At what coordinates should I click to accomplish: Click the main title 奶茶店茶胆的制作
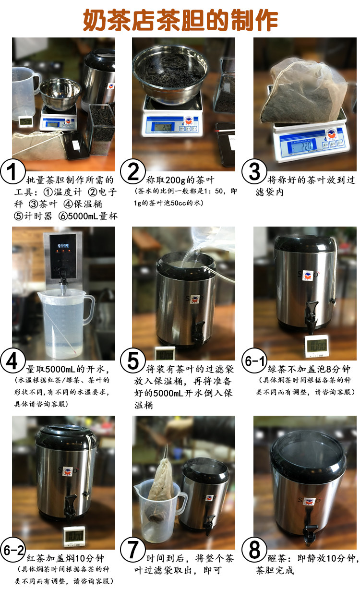pyautogui.click(x=180, y=20)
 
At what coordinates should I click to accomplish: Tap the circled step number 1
pyautogui.click(x=12, y=171)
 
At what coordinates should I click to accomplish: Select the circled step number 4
pyautogui.click(x=12, y=361)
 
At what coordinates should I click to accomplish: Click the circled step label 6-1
pyautogui.click(x=254, y=361)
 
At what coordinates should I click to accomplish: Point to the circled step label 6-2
pyautogui.click(x=12, y=550)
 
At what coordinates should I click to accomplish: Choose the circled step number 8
pyautogui.click(x=254, y=550)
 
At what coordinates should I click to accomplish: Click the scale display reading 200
pyautogui.click(x=163, y=127)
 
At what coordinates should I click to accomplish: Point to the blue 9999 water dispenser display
pyautogui.click(x=63, y=246)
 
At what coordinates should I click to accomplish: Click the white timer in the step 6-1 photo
pyautogui.click(x=317, y=346)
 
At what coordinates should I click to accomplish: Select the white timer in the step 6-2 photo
pyautogui.click(x=74, y=536)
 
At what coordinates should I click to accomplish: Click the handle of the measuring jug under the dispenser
pyautogui.click(x=89, y=310)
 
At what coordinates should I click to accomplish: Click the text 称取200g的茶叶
pyautogui.click(x=180, y=180)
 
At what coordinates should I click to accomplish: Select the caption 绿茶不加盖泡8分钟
pyautogui.click(x=309, y=369)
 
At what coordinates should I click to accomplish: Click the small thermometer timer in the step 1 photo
pyautogui.click(x=26, y=121)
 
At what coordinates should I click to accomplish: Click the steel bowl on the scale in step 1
pyautogui.click(x=60, y=94)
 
